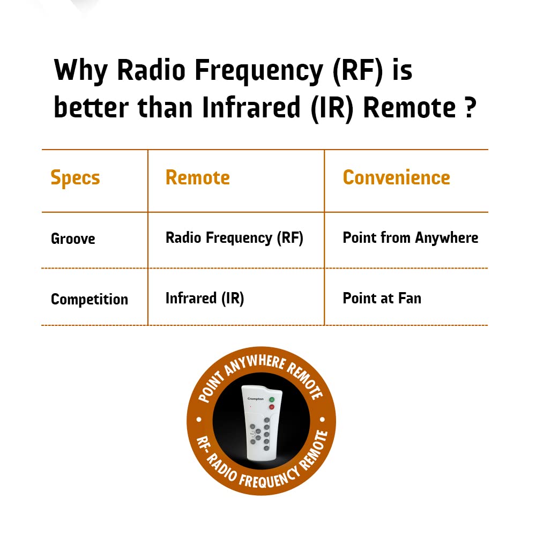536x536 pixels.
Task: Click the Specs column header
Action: click(x=75, y=178)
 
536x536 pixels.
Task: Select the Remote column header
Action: click(x=198, y=177)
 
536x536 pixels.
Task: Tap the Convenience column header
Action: click(x=397, y=177)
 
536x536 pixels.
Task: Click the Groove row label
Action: click(x=73, y=239)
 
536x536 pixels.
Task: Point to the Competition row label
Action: click(x=90, y=300)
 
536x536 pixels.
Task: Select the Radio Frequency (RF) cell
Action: click(x=235, y=238)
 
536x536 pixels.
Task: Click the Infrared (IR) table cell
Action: click(x=205, y=299)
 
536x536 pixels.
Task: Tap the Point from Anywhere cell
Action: click(x=411, y=238)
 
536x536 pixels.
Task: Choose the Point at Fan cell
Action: click(x=382, y=298)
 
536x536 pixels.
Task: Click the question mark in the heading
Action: click(x=471, y=107)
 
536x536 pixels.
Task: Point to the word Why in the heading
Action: click(x=81, y=70)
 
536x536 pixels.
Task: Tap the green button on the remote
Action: click(x=272, y=399)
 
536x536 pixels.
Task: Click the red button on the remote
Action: click(x=272, y=407)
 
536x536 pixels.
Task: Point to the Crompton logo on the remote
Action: click(x=255, y=399)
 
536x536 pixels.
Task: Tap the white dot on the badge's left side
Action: click(x=199, y=420)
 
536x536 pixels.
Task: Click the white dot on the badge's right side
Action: click(x=322, y=420)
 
